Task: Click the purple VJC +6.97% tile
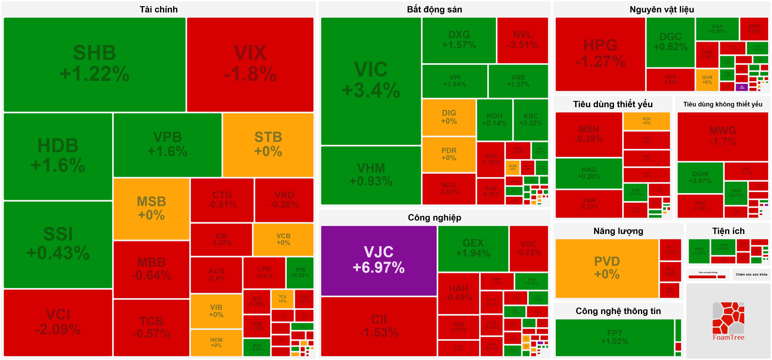pyautogui.click(x=379, y=260)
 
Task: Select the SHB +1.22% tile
pyautogui.click(x=94, y=64)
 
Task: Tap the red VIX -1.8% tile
pyautogui.click(x=250, y=64)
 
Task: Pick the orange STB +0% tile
pyautogui.click(x=268, y=145)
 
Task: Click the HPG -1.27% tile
pyautogui.click(x=600, y=54)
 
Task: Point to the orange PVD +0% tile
pyautogui.click(x=607, y=268)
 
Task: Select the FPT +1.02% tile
pyautogui.click(x=614, y=337)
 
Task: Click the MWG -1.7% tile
pyautogui.click(x=723, y=136)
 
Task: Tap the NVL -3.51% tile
pyautogui.click(x=522, y=40)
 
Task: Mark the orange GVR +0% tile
pyautogui.click(x=707, y=80)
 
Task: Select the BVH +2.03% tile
pyautogui.click(x=257, y=347)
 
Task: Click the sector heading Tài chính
pyautogui.click(x=159, y=10)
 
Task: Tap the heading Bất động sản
pyautogui.click(x=434, y=10)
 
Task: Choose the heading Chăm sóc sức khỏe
pyautogui.click(x=751, y=274)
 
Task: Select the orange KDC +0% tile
pyautogui.click(x=646, y=121)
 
